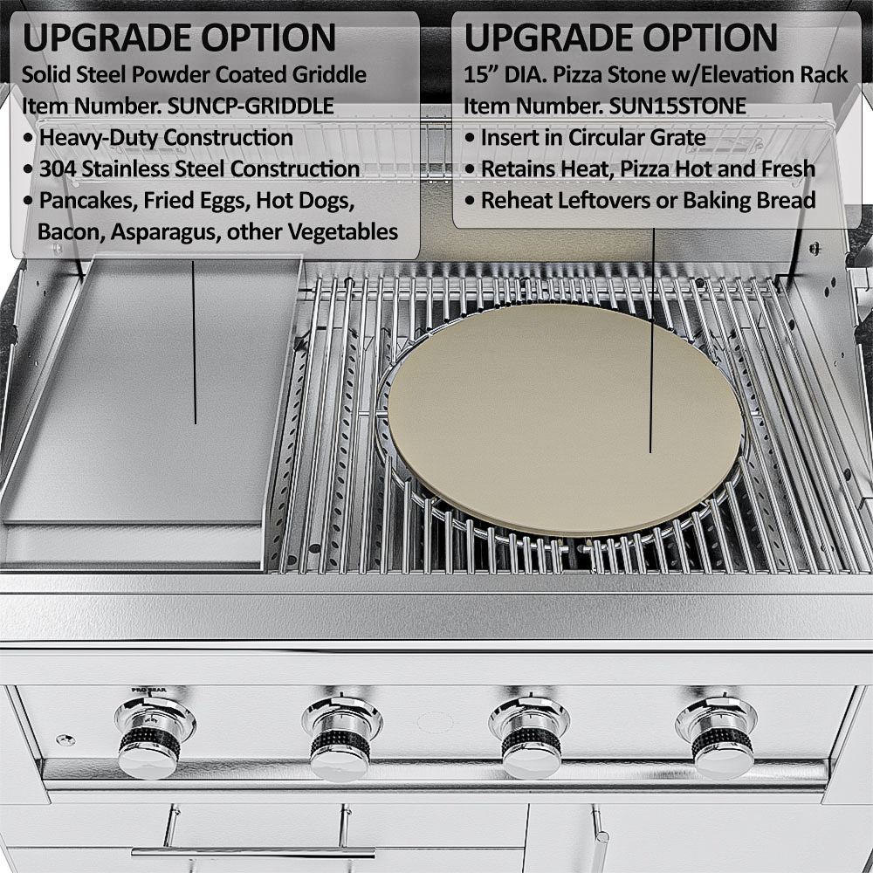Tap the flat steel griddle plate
coord(151,389)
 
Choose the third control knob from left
coord(530,739)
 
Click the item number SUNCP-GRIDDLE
coord(251,106)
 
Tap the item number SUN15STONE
coord(677,106)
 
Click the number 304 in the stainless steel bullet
coord(58,169)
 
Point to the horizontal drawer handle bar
coord(253,852)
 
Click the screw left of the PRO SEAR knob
coord(65,740)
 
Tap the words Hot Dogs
coord(305,201)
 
